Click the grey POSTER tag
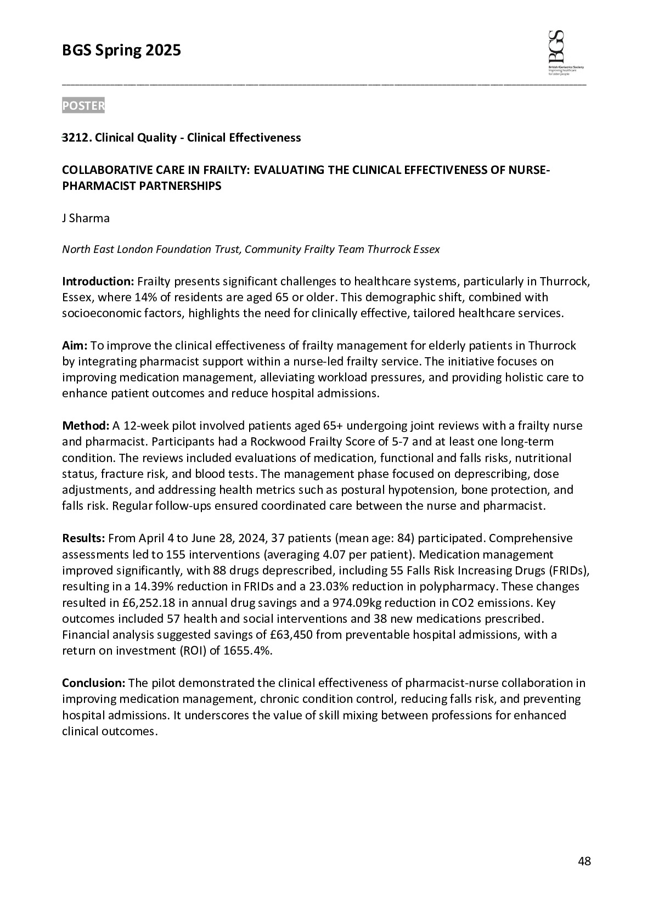click(x=83, y=106)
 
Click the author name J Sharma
click(x=86, y=218)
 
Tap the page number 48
click(x=584, y=861)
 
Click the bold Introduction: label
click(x=98, y=282)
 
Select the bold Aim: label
click(x=75, y=346)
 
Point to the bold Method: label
click(x=86, y=426)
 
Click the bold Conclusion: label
click(x=94, y=683)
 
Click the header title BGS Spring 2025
click(x=121, y=51)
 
